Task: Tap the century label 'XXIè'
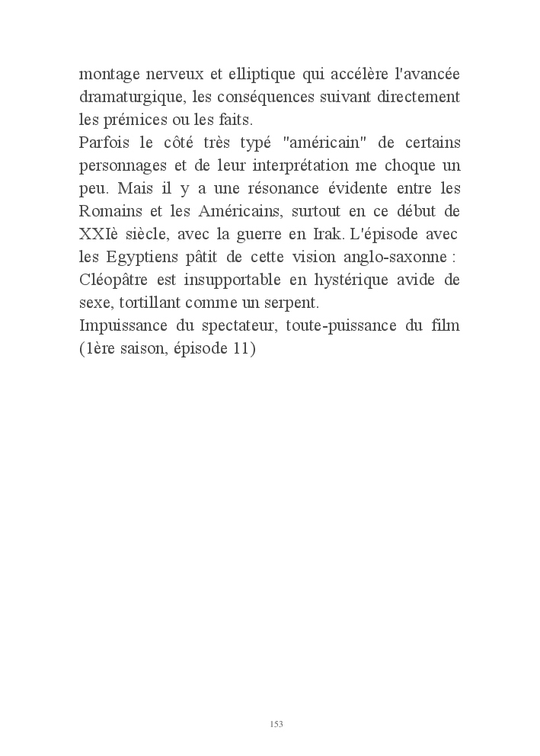click(99, 232)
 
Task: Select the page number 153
click(276, 723)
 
